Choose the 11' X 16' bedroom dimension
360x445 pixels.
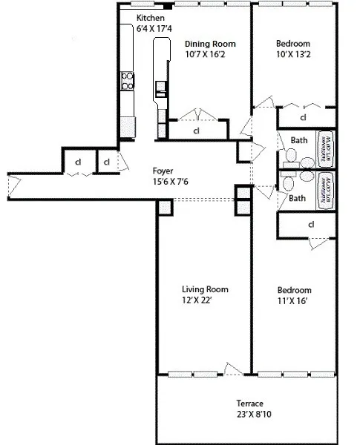coord(294,301)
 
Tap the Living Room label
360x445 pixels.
coord(205,289)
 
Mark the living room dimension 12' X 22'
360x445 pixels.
coord(205,301)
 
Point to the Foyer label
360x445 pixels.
coord(163,170)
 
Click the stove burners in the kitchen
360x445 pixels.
coord(128,80)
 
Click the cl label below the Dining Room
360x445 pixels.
coord(197,131)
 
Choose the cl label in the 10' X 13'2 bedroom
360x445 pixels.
coord(303,118)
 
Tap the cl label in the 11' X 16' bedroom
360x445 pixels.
coord(311,224)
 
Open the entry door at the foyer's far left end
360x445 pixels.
coord(10,187)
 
